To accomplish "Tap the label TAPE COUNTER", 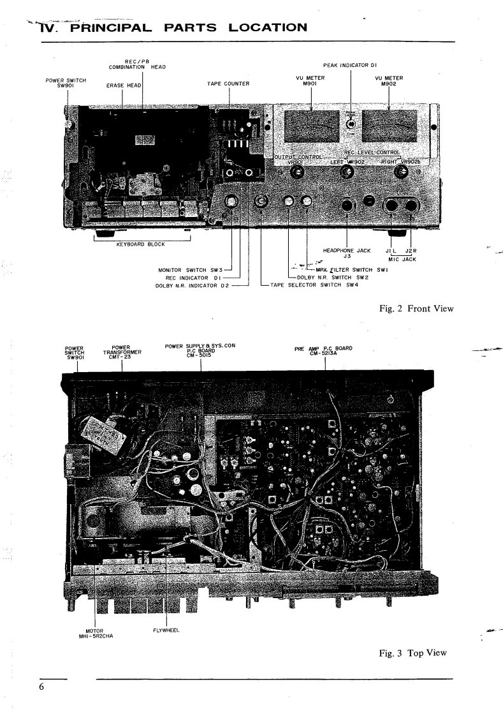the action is tap(228, 84).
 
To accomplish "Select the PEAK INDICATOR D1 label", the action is tap(351, 65).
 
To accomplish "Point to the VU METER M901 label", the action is tap(310, 80).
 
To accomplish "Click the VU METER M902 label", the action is tap(388, 80).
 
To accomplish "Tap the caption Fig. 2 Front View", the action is tap(415, 309).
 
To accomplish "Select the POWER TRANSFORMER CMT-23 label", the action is tap(122, 352).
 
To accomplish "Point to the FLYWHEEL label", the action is tap(166, 630).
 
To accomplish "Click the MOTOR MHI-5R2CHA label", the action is tap(94, 634).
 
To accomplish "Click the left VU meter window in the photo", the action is tap(305, 125).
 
